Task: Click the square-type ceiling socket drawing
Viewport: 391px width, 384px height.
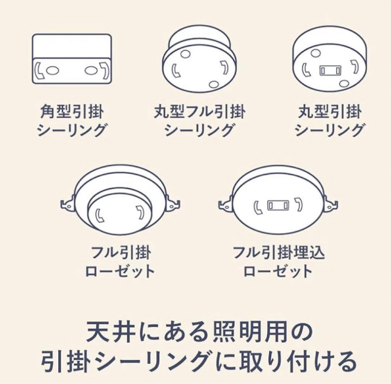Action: tap(71, 59)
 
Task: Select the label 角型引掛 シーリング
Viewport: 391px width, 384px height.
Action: tap(71, 121)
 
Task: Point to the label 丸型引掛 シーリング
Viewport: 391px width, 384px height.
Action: tap(329, 121)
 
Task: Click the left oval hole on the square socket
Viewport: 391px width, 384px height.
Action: tap(51, 71)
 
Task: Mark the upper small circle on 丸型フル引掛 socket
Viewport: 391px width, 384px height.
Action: tap(185, 54)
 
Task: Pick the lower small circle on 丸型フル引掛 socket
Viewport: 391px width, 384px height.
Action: tap(214, 84)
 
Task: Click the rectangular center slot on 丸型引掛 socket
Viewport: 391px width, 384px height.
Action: tap(330, 70)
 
